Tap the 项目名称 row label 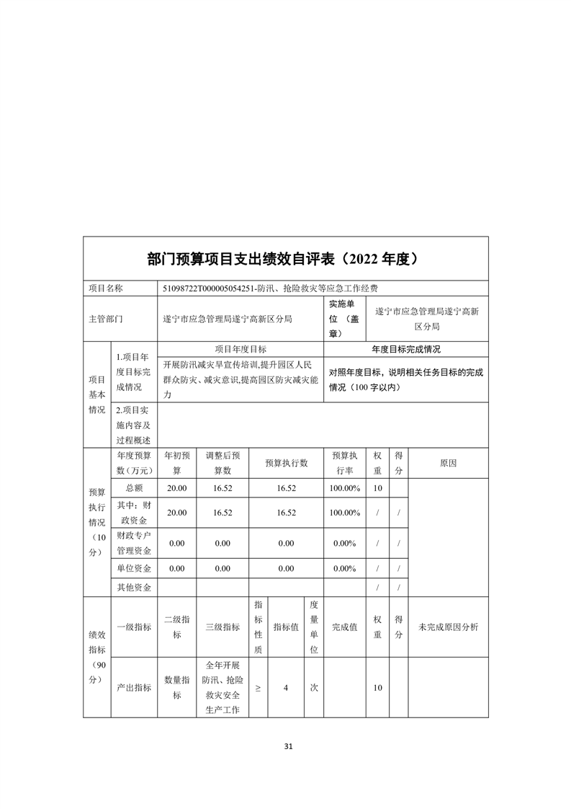tap(106, 288)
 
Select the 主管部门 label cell tap(106, 318)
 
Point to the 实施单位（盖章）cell tap(344, 318)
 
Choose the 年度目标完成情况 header tap(406, 349)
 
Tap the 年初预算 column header tap(177, 463)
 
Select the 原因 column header tap(448, 463)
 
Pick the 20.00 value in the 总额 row tap(177, 488)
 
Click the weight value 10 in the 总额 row tap(377, 488)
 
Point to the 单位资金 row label tap(134, 568)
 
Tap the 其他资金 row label tap(134, 588)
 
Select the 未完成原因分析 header tap(448, 627)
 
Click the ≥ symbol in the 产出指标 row tap(258, 688)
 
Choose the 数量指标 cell tap(177, 688)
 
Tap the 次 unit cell tap(314, 688)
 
